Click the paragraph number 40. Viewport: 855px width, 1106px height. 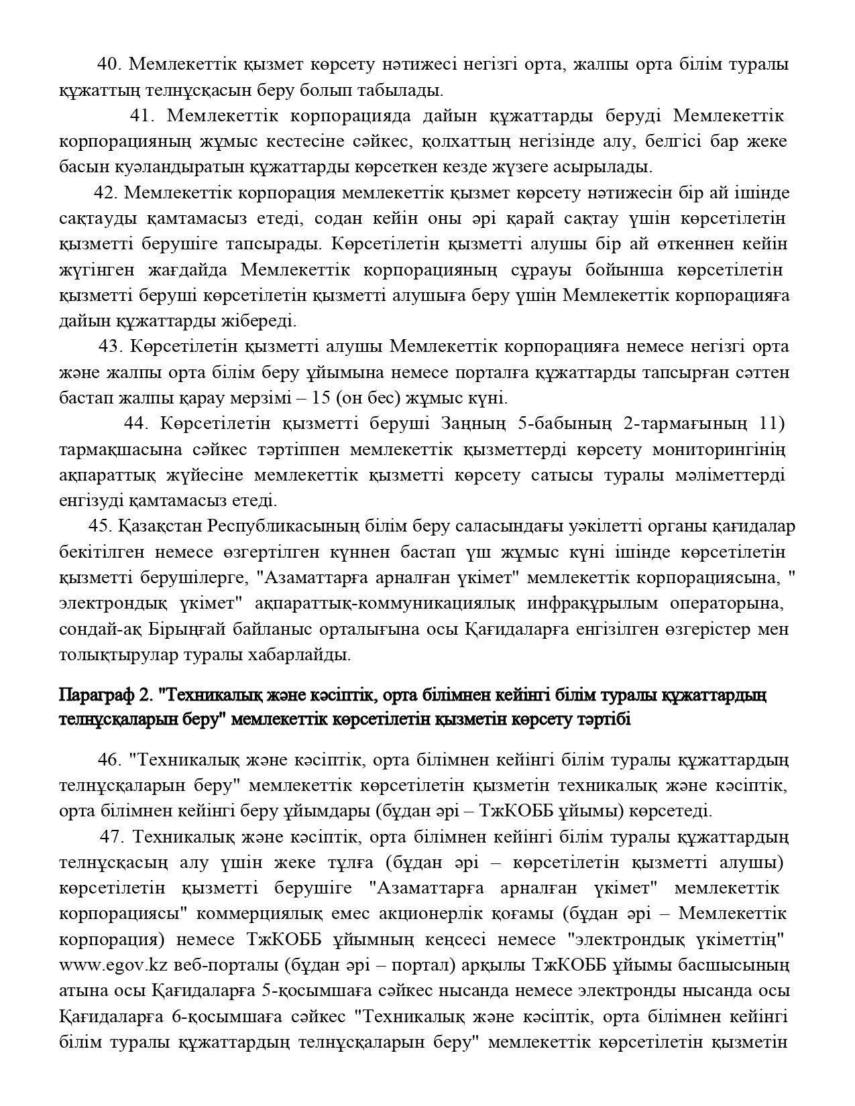(109, 64)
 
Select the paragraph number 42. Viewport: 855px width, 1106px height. (106, 193)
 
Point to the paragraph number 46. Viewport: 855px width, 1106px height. (109, 760)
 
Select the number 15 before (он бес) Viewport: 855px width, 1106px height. (321, 398)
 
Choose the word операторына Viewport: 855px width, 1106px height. (726, 603)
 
